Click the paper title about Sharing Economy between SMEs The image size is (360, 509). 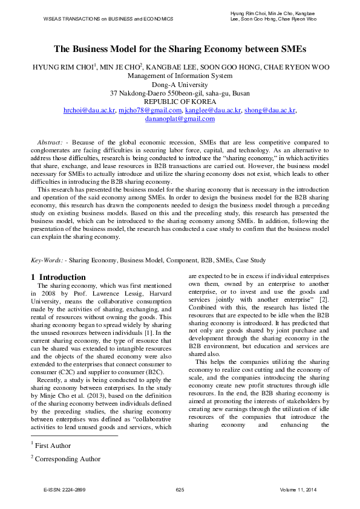click(x=180, y=49)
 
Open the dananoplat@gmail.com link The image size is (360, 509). click(x=180, y=119)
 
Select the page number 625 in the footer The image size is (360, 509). click(x=180, y=488)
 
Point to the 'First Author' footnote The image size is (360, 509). click(x=53, y=445)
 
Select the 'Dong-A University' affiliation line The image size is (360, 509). click(x=180, y=85)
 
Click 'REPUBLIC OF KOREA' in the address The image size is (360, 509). click(x=180, y=102)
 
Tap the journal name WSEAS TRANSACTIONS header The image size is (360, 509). click(x=108, y=19)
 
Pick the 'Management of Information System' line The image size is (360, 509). click(x=180, y=76)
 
